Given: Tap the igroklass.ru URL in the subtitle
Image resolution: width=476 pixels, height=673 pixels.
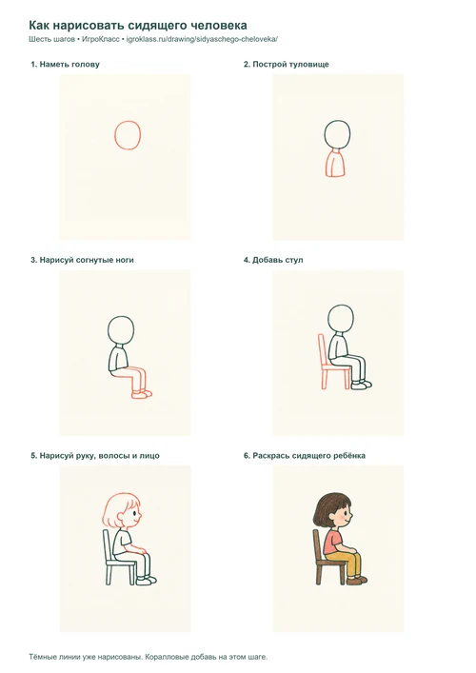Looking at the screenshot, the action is pos(202,39).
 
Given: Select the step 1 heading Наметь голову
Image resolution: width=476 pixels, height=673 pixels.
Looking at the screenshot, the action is pos(65,65).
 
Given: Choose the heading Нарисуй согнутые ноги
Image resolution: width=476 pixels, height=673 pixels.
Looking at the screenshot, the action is pos(82,260).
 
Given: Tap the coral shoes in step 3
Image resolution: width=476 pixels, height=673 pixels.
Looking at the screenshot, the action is pos(142,394).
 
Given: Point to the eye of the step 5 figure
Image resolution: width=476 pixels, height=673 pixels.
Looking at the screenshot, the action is pos(135,513).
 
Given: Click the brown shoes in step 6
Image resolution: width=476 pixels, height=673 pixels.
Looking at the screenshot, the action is pos(357,581).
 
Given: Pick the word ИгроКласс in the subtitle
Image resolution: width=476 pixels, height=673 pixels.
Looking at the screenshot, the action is pos(101,39).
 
